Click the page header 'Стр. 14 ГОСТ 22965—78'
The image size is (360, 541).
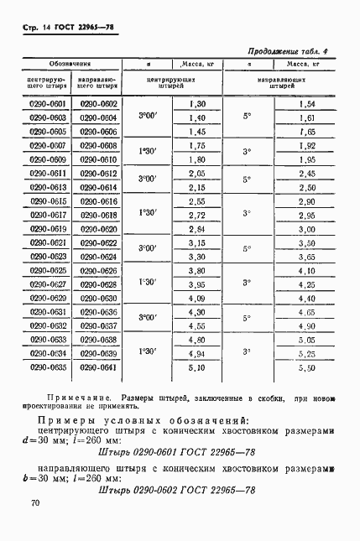[x=64, y=28]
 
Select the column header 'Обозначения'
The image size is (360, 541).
[x=70, y=64]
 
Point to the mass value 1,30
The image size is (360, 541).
[x=198, y=104]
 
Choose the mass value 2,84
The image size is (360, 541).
[x=198, y=229]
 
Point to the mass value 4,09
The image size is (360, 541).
[x=198, y=299]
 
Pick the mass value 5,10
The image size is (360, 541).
[x=198, y=367]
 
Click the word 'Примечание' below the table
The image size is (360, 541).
[x=70, y=399]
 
